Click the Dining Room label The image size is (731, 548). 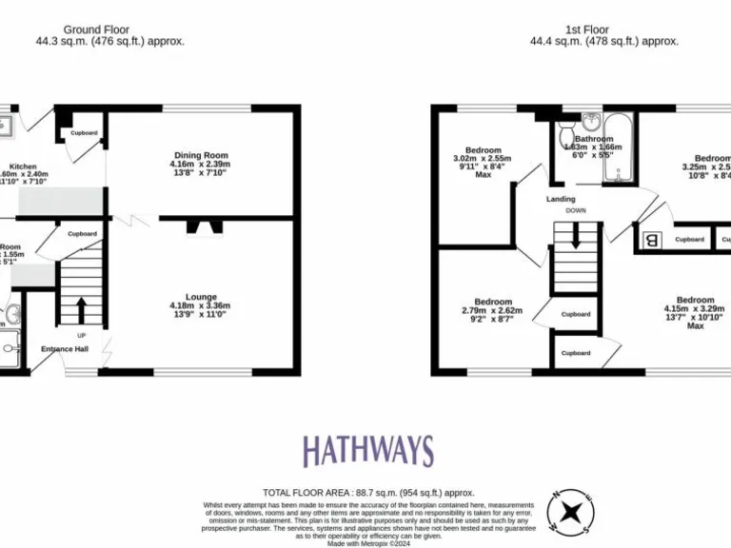[x=200, y=155]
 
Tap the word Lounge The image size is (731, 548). [x=200, y=297]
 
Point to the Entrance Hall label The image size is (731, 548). [x=64, y=348]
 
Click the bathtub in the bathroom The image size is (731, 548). [x=618, y=147]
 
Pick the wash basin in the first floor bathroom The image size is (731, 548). [x=590, y=122]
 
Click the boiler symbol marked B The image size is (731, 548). [x=652, y=240]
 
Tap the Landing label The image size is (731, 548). [x=561, y=199]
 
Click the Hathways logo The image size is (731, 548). [x=367, y=451]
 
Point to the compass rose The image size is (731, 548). [x=573, y=512]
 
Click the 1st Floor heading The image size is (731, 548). [x=586, y=29]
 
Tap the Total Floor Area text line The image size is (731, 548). [x=368, y=492]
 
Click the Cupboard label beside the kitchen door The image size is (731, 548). [x=84, y=132]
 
